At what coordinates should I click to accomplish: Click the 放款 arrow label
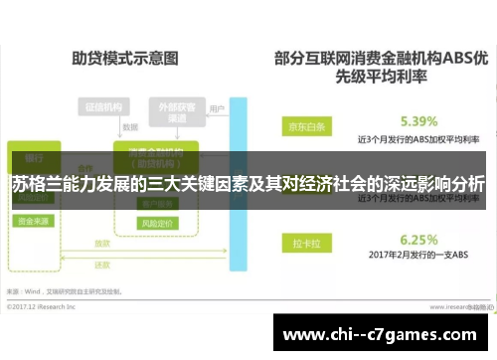(102, 242)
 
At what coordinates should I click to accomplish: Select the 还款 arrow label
(102, 266)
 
